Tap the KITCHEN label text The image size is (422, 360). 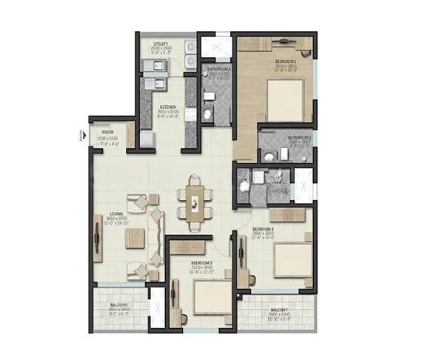click(x=167, y=107)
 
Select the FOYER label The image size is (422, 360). click(x=107, y=134)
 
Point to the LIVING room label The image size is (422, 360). click(x=115, y=214)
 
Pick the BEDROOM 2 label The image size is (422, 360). click(x=263, y=230)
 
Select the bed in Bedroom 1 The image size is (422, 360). click(x=284, y=99)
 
